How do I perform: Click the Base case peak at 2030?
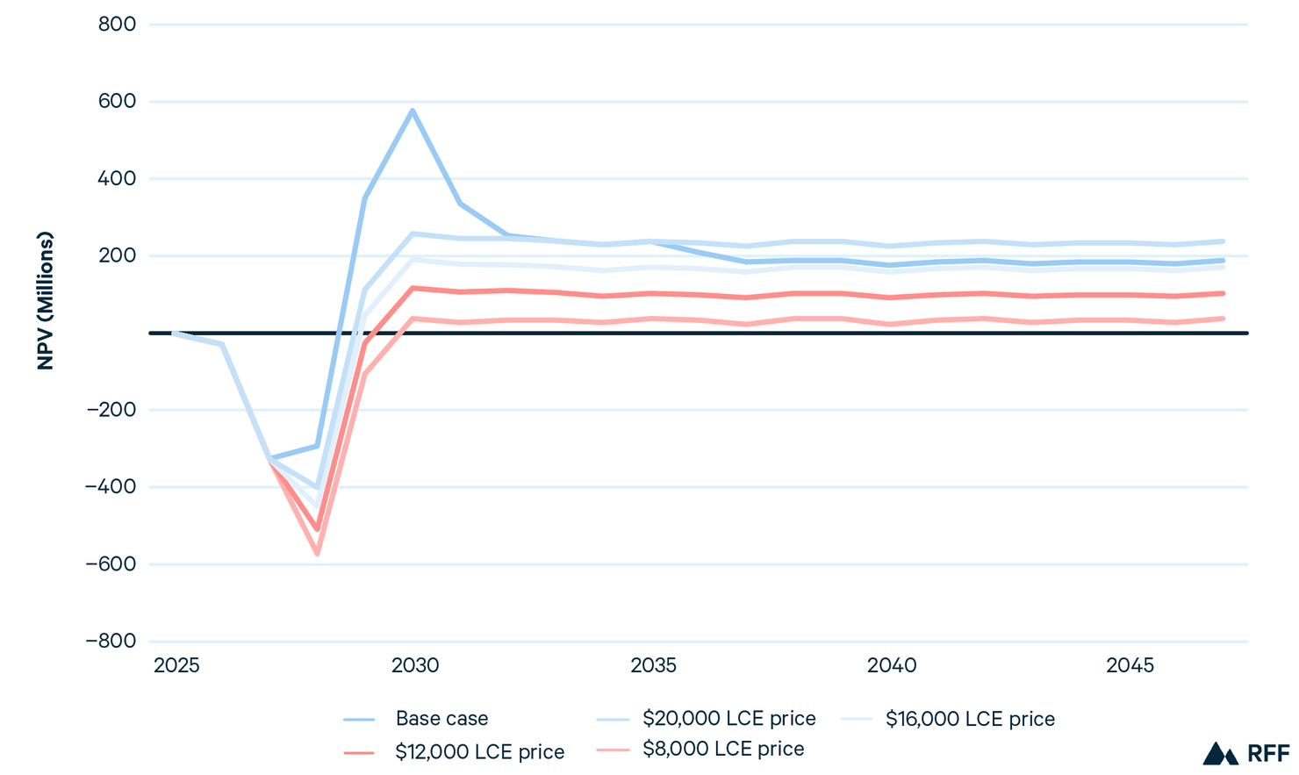coord(413,111)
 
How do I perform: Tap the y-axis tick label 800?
coord(118,25)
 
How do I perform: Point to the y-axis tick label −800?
coord(111,642)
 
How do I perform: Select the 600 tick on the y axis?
coord(118,102)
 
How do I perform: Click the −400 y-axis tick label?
coord(111,487)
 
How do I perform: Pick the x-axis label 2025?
coord(176,666)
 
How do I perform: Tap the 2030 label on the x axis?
coord(415,666)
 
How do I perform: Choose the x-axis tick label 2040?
coord(892,666)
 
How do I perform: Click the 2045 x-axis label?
coord(1130,666)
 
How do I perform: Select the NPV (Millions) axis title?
coord(46,301)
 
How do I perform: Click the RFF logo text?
coord(1267,754)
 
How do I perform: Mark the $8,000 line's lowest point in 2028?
coord(317,554)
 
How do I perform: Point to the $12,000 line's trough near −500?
coord(317,529)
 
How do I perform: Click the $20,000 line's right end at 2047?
coord(1224,241)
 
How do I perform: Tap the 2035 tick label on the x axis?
coord(653,666)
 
